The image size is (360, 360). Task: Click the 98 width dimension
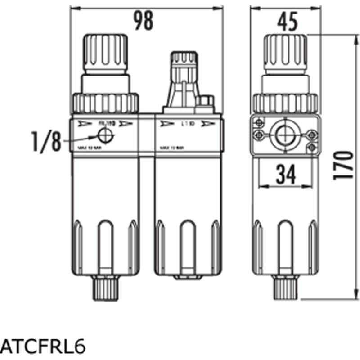tap(143, 21)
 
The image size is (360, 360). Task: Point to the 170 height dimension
tap(343, 165)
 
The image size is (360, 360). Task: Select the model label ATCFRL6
tap(43, 347)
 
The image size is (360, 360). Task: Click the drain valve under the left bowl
tap(105, 288)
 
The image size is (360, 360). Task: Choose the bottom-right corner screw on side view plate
tap(311, 147)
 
